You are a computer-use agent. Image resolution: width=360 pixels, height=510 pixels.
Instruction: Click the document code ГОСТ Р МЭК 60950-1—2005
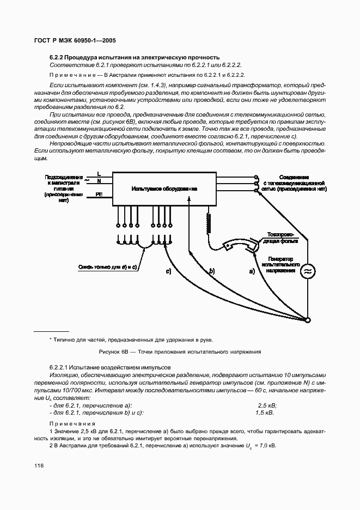(75, 41)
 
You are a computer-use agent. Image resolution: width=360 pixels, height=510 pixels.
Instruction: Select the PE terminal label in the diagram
(99, 194)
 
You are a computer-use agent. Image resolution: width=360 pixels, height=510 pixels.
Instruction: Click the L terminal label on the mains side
(99, 173)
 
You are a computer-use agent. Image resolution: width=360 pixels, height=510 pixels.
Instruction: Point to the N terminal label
(99, 180)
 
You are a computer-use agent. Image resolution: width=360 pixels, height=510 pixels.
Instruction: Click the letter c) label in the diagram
(168, 271)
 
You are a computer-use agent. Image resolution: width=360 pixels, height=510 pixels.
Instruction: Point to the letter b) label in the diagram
(212, 271)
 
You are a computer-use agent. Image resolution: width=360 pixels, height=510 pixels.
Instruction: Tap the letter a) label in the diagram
(251, 271)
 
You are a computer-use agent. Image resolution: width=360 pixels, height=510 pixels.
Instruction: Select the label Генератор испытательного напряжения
(281, 264)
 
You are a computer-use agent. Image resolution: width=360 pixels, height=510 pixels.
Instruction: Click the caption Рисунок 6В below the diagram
(180, 351)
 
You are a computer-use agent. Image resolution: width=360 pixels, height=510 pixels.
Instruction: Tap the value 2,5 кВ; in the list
(266, 405)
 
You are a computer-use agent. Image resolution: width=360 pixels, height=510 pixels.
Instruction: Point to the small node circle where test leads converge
(308, 321)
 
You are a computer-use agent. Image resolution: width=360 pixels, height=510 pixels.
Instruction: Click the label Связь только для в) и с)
(107, 267)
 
